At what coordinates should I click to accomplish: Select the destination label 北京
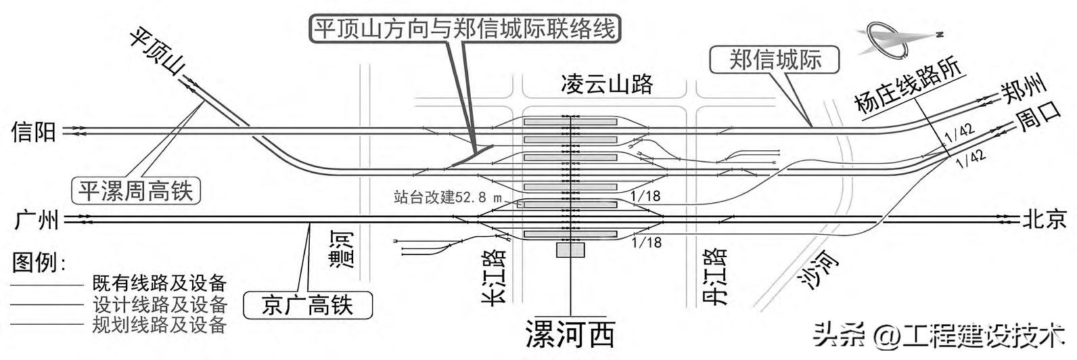point(1044,219)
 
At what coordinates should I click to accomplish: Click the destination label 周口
point(1038,123)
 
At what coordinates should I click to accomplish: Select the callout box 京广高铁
point(308,305)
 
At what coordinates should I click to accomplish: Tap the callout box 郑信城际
point(775,60)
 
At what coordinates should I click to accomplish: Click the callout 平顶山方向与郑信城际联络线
point(465,28)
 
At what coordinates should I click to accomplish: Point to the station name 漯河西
point(570,333)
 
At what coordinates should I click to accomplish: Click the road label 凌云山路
point(607,84)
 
